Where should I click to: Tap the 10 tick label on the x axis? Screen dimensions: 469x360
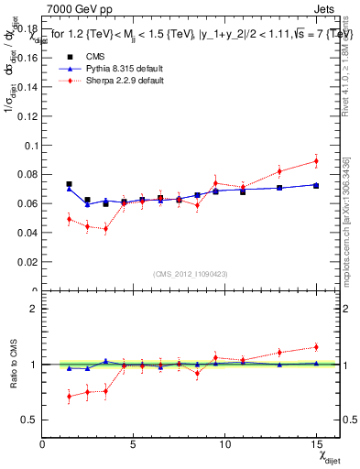tap(224, 444)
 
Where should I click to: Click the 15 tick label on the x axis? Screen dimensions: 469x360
tap(316, 444)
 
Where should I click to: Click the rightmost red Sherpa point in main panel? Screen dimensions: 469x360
tap(316, 161)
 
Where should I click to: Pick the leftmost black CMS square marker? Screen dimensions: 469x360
tap(69, 184)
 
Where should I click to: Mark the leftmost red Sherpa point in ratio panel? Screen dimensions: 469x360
tap(69, 397)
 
